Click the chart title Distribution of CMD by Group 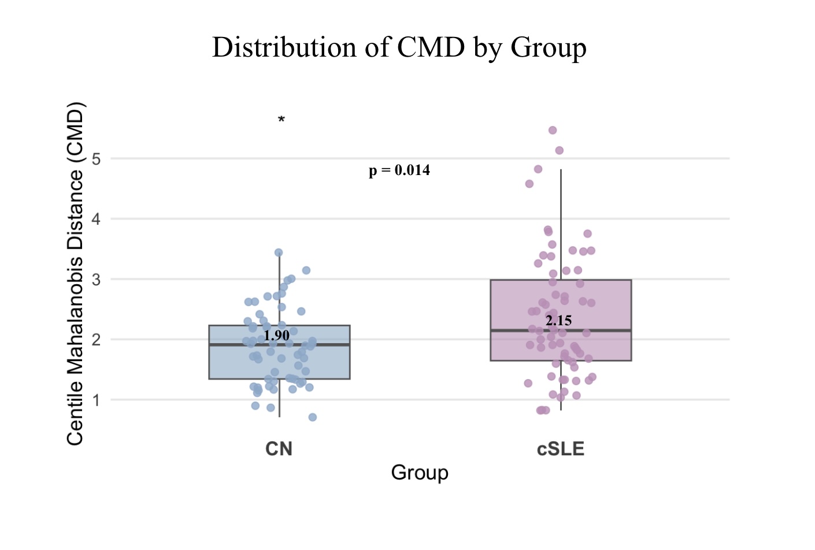coord(399,47)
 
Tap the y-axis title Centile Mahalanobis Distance coord(76,274)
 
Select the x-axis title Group coord(420,473)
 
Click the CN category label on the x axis coord(279,449)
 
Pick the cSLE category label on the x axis coord(560,449)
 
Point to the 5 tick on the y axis coord(96,159)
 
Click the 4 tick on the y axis coord(96,219)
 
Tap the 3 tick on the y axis coord(96,280)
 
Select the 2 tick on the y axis coord(96,340)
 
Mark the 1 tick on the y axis coord(96,400)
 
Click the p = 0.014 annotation coord(399,170)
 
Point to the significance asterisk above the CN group coord(281,120)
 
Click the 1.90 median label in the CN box coord(276,336)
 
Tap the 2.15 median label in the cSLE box coord(558,321)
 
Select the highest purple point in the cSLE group coord(553,131)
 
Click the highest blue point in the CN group coord(279,252)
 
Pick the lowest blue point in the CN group coord(313,417)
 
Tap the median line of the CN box coord(324,345)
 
